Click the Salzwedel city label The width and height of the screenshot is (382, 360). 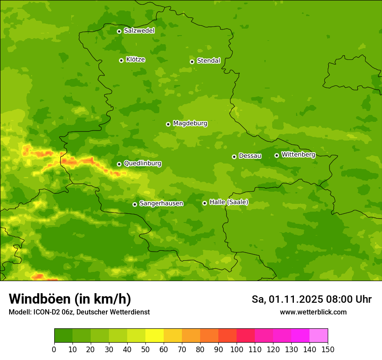click(139, 31)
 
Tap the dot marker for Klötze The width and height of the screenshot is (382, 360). click(121, 60)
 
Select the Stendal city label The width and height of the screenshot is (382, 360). click(208, 61)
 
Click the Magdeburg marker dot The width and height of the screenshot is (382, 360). click(168, 124)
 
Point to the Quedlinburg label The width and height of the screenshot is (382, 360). click(142, 164)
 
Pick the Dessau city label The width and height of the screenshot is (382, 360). click(250, 156)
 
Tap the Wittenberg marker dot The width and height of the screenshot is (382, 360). click(277, 155)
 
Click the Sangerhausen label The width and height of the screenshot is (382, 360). click(161, 203)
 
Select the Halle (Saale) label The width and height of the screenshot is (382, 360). click(229, 202)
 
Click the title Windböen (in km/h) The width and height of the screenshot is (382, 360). click(70, 299)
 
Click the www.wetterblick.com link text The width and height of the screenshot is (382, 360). click(313, 312)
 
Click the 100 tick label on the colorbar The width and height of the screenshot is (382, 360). click(237, 349)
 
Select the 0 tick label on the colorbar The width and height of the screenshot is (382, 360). click(54, 349)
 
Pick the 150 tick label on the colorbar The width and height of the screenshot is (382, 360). click(328, 349)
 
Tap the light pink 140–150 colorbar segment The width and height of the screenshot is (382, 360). click(319, 336)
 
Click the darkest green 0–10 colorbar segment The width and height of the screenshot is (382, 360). click(63, 336)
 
